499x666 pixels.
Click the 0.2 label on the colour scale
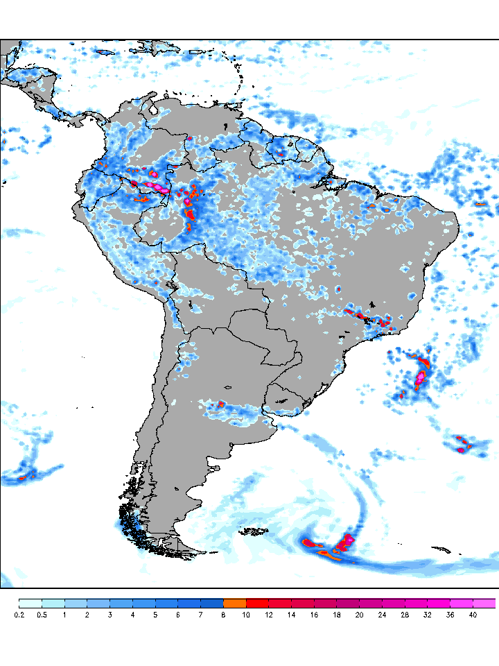pos(19,615)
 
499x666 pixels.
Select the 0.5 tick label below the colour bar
pos(42,615)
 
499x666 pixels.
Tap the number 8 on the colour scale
pos(224,615)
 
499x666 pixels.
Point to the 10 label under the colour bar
pos(247,615)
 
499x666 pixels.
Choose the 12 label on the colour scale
pos(269,615)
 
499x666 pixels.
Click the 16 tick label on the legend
pos(315,615)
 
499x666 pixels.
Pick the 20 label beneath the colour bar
pos(360,615)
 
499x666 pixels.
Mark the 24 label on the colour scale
pos(383,615)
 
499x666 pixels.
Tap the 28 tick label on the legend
pos(405,615)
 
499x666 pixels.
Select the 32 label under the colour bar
pos(428,615)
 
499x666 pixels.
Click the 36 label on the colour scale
pos(450,615)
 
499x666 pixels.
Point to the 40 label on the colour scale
pos(473,615)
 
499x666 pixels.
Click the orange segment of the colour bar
pos(235,603)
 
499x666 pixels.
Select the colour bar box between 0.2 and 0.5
pos(30,603)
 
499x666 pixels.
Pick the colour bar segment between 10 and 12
pos(258,603)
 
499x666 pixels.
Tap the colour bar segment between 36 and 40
pos(462,603)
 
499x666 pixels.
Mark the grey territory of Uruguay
pos(286,399)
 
